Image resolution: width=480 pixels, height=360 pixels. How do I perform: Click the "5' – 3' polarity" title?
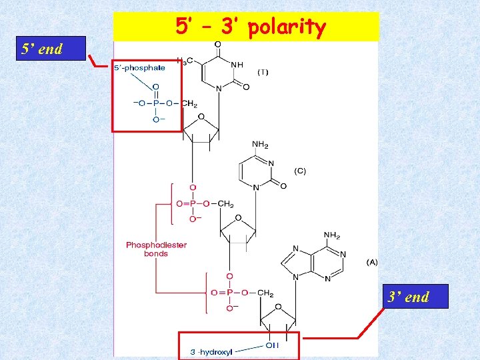click(251, 27)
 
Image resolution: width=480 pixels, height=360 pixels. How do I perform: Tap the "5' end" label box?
click(43, 49)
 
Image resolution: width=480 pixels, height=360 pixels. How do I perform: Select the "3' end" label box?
click(409, 297)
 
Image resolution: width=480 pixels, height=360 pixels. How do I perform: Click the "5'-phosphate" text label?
click(140, 67)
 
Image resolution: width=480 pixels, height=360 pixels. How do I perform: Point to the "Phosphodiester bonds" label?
click(157, 249)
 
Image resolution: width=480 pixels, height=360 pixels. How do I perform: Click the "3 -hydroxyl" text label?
click(211, 352)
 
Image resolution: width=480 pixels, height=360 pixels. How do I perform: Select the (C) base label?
click(300, 171)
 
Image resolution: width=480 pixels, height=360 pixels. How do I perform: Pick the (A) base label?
click(371, 262)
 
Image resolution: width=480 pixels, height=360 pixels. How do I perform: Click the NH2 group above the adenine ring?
click(332, 235)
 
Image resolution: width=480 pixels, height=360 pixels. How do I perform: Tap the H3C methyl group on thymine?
click(185, 61)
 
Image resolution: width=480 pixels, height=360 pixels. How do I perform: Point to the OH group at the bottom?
click(272, 345)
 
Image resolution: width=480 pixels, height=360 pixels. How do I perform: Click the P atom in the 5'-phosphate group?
click(156, 103)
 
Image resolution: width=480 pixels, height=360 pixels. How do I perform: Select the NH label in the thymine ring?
click(237, 65)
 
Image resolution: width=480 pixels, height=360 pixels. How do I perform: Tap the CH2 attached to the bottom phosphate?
click(265, 293)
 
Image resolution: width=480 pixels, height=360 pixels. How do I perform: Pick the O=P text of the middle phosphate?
click(185, 204)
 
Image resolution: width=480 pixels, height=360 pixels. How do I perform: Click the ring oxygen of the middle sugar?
click(239, 218)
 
